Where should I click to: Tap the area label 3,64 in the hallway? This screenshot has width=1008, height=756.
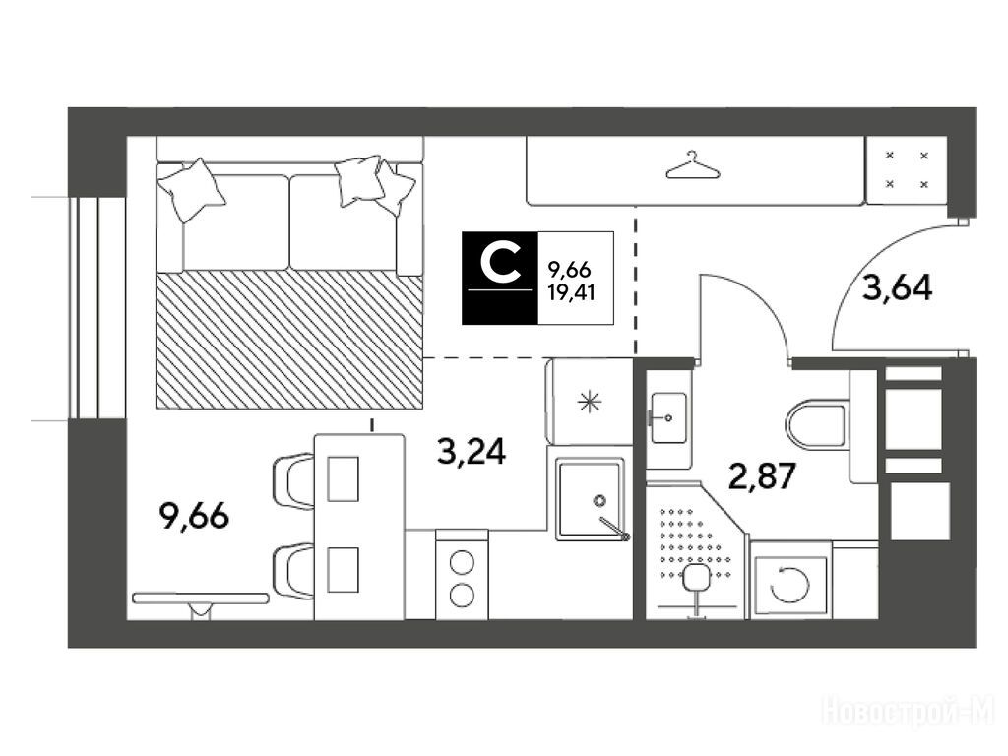coord(897,288)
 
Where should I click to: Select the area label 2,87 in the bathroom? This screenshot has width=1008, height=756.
coord(762,476)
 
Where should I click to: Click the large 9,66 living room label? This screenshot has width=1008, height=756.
coord(194,516)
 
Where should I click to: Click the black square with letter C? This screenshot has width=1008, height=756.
coord(500,278)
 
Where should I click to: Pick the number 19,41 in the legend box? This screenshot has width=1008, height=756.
coord(571,293)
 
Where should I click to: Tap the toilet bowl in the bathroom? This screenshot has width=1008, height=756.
coord(815,424)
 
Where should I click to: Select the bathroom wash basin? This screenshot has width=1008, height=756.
coord(668,417)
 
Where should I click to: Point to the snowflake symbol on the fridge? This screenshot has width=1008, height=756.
coord(589,403)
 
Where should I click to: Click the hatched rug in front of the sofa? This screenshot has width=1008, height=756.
coord(289,339)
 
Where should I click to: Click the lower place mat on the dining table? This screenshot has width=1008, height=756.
coord(343,570)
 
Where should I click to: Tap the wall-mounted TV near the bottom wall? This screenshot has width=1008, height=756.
coord(200,598)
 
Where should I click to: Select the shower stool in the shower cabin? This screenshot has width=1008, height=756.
coord(695,577)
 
